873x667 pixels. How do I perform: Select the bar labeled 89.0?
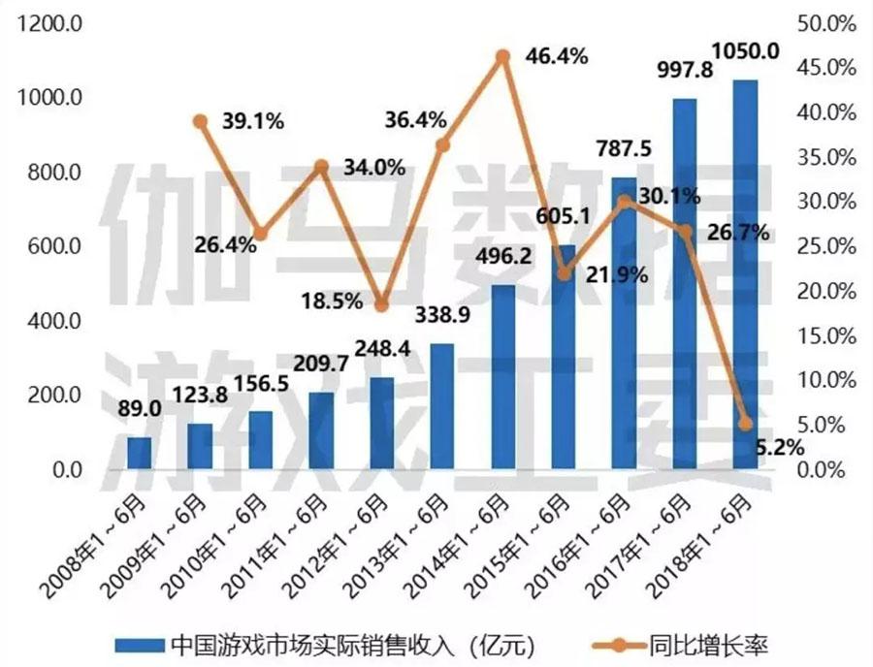pos(140,454)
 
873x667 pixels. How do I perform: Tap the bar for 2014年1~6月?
pos(502,378)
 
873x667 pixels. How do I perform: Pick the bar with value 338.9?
pos(441,407)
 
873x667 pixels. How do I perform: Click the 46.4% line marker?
pos(502,56)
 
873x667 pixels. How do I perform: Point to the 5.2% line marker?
pos(745,424)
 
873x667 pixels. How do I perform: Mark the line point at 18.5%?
pos(381,305)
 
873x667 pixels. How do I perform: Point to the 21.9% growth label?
pos(615,275)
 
